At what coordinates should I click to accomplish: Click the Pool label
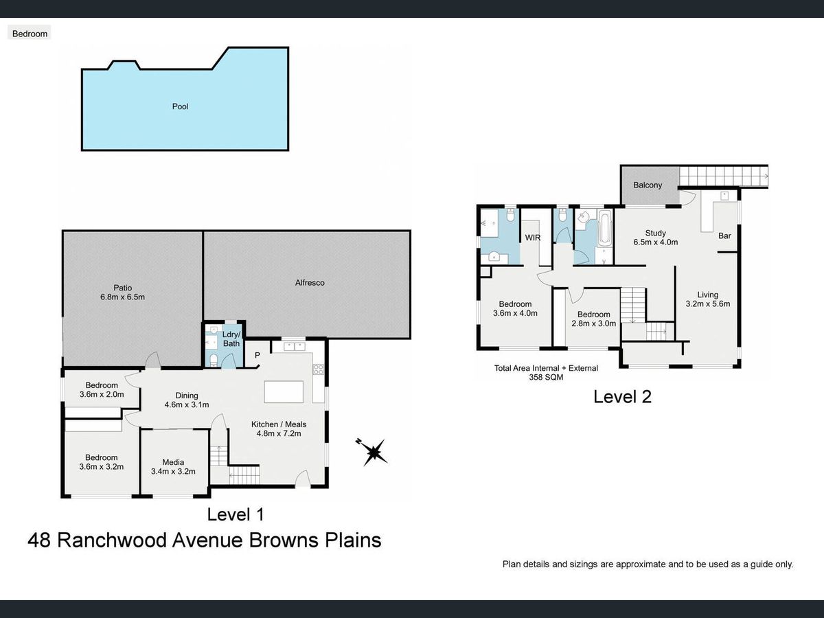click(180, 106)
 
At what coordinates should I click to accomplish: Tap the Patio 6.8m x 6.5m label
click(122, 293)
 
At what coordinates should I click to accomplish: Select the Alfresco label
click(310, 283)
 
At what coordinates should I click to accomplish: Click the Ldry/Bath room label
click(231, 339)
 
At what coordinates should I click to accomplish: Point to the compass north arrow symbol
click(372, 452)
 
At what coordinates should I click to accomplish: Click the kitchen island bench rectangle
click(284, 391)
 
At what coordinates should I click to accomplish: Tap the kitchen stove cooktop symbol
click(319, 369)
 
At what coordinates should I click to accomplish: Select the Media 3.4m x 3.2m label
click(173, 467)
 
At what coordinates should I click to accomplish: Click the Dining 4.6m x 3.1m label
click(187, 400)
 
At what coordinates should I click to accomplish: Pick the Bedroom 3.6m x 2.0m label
click(102, 389)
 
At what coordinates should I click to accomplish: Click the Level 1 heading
click(236, 514)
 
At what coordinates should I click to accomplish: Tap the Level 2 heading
click(622, 397)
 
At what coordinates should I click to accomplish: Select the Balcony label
click(648, 185)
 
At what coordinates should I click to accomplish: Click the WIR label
click(533, 238)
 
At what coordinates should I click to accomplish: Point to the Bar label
click(724, 236)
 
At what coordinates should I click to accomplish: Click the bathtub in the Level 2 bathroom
click(604, 228)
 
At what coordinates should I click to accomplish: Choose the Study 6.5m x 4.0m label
click(656, 238)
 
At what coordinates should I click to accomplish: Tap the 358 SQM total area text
click(546, 378)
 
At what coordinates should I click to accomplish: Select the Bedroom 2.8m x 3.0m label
click(593, 319)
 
